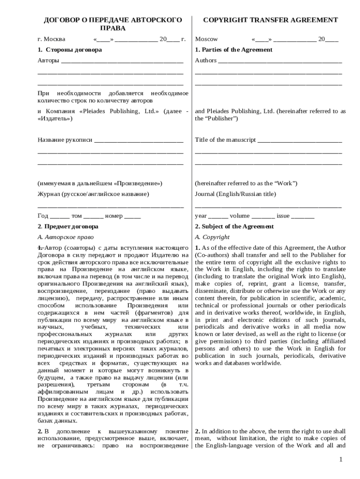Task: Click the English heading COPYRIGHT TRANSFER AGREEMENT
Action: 270,20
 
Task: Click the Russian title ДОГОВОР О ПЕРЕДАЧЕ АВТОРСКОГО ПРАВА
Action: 113,24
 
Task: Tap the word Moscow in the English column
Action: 206,39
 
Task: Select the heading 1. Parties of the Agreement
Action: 233,50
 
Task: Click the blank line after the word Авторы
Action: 122,62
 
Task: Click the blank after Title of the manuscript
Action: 299,141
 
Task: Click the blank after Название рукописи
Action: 138,141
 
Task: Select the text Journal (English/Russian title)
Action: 235,194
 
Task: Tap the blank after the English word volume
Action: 263,217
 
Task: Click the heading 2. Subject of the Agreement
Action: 234,227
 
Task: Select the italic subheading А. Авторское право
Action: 62,237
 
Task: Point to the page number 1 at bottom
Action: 341,460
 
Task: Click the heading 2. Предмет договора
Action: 68,227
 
